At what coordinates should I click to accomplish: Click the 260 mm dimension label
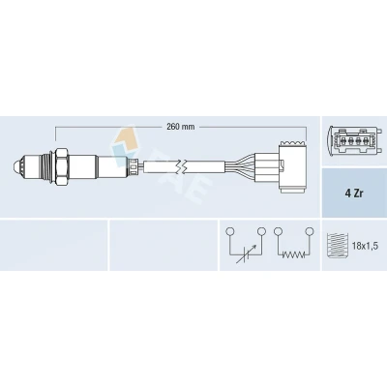181,127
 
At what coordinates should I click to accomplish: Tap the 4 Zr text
353,194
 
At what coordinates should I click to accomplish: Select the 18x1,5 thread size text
365,247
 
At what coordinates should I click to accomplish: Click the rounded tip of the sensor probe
16,166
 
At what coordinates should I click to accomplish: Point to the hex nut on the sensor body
61,166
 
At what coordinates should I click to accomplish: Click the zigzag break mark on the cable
182,166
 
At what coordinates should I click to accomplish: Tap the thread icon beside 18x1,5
337,246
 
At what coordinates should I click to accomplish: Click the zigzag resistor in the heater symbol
293,254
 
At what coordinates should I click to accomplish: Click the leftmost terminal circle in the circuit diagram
229,231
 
